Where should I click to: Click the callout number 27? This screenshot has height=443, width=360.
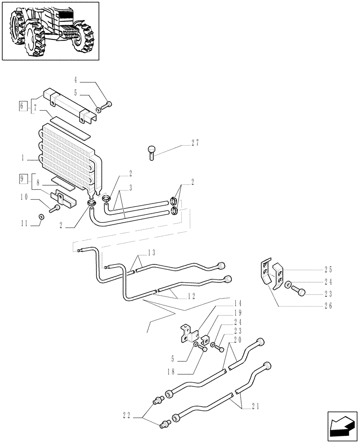click(196, 143)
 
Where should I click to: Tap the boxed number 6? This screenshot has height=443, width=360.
click(22, 106)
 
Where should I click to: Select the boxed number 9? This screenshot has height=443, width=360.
click(22, 179)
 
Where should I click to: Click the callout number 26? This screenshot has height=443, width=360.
click(328, 306)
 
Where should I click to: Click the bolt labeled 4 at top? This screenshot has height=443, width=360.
click(108, 105)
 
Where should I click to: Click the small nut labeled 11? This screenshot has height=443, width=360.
click(41, 216)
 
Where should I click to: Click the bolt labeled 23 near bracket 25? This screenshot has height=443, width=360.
click(299, 292)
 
